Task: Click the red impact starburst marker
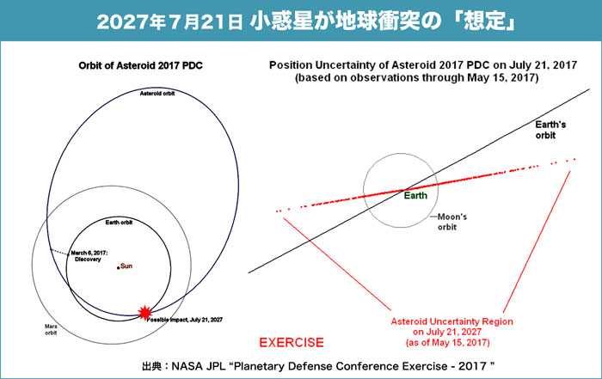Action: click(x=144, y=313)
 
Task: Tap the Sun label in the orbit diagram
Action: click(x=126, y=266)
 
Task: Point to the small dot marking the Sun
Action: click(x=119, y=268)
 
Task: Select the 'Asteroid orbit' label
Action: click(x=157, y=94)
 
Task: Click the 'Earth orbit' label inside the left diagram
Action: click(x=119, y=223)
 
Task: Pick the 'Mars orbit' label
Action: click(x=51, y=329)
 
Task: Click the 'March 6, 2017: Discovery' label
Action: click(x=89, y=256)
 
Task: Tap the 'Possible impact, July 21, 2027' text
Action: click(x=185, y=320)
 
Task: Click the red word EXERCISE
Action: click(x=292, y=343)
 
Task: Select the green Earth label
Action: click(x=415, y=196)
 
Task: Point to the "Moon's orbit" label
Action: click(x=452, y=222)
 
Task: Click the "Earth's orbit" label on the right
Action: click(x=550, y=130)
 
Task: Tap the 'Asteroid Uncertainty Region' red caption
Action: click(x=451, y=321)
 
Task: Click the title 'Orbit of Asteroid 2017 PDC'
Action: click(x=140, y=65)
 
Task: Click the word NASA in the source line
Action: click(x=187, y=366)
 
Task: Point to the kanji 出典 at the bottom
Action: click(x=151, y=366)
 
